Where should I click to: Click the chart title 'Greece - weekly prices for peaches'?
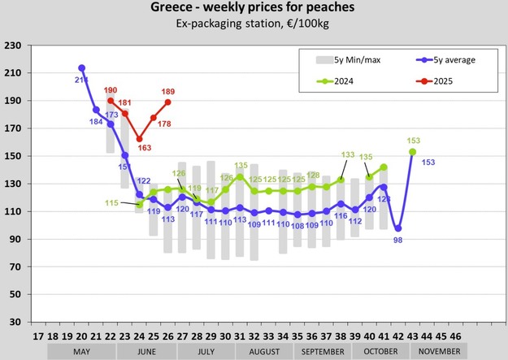point(254,9)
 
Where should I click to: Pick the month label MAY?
point(81,351)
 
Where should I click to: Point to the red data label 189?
point(169,92)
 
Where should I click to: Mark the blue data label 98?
point(398,241)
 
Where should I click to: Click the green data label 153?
point(413,141)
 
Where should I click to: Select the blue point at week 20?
point(81,68)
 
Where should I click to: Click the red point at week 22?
point(111,101)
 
